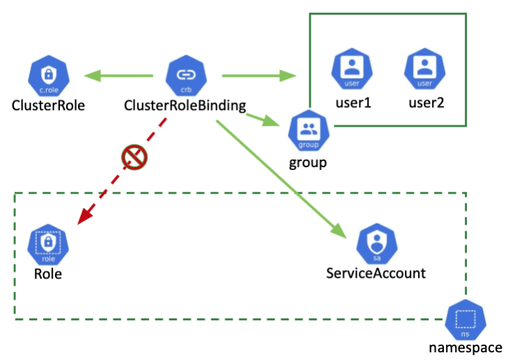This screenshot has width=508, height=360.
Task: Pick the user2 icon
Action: [x=424, y=70]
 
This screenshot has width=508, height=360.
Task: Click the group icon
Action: [x=307, y=130]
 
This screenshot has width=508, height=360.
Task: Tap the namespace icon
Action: [x=465, y=321]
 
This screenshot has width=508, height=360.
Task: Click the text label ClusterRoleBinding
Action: [x=185, y=106]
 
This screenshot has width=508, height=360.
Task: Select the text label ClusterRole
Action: [x=48, y=106]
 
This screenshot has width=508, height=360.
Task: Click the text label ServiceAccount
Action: [x=376, y=273]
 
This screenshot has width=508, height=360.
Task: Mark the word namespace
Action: [x=465, y=348]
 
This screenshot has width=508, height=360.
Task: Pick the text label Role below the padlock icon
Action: [x=48, y=274]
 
